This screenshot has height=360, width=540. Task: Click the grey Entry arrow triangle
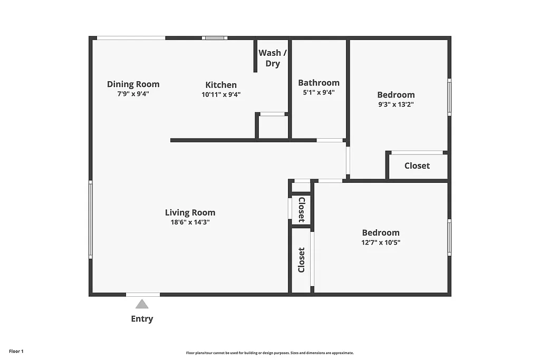tap(141, 304)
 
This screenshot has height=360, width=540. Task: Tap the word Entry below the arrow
tap(142, 319)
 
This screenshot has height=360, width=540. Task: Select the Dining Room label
tap(133, 84)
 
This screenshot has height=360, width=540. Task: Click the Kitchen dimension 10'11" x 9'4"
tap(221, 94)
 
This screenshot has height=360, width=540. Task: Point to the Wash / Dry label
tap(273, 58)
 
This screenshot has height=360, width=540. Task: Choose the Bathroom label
tap(319, 83)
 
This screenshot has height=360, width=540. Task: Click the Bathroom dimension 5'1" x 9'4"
tap(319, 92)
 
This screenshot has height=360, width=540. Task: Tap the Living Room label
tap(190, 213)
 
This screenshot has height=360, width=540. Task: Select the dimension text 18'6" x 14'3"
tap(190, 222)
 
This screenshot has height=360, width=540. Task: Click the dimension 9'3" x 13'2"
tap(396, 104)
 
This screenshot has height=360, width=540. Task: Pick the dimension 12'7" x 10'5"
tap(380, 242)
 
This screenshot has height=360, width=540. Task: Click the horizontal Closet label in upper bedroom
tap(417, 166)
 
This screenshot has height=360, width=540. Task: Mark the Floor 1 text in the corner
tap(16, 351)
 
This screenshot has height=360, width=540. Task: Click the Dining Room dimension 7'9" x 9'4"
tap(133, 94)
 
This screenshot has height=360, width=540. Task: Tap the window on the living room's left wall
tap(90, 219)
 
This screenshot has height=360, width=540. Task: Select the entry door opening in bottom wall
tap(142, 294)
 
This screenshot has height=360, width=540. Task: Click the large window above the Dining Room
tap(131, 38)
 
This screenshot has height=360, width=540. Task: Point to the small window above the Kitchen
tap(215, 38)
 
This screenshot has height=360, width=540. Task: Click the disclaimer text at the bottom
tap(269, 353)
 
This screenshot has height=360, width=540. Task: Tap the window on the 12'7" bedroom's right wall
tap(449, 237)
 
